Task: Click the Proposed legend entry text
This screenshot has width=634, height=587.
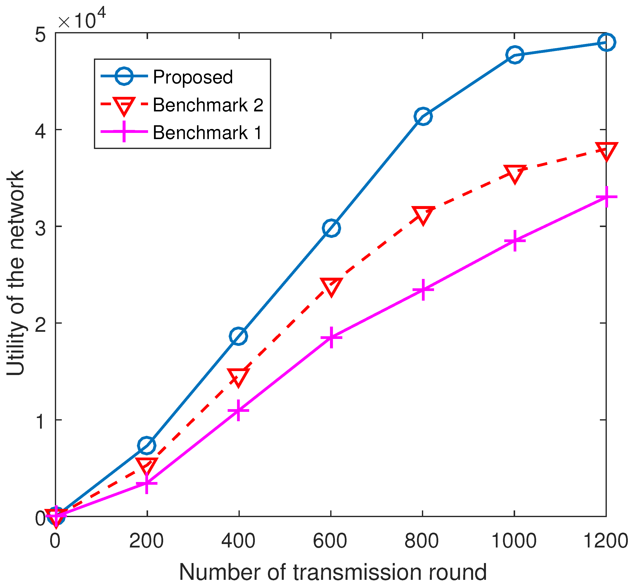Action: click(193, 77)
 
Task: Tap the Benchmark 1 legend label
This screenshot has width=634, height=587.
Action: click(207, 132)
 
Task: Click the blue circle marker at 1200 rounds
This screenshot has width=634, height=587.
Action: click(606, 42)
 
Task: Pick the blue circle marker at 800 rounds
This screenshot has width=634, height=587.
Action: click(423, 116)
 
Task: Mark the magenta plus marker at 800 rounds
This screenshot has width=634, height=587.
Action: click(423, 290)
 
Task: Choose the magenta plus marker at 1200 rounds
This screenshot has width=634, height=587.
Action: click(606, 197)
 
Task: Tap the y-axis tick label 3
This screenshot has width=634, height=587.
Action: click(40, 227)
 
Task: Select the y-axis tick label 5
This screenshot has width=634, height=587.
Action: click(40, 34)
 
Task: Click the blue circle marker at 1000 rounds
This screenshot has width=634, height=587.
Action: click(515, 55)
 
